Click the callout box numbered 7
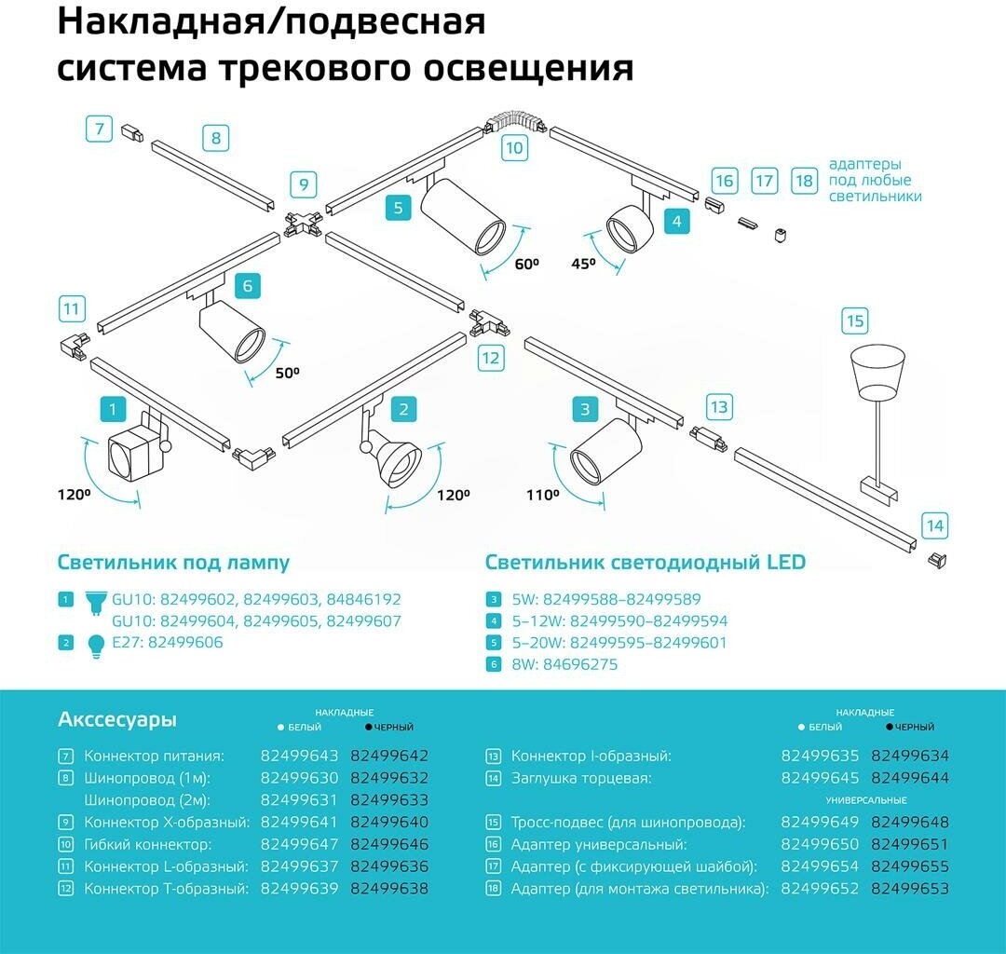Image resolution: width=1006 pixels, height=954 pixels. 99,128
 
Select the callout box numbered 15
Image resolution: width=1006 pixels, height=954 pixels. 854,321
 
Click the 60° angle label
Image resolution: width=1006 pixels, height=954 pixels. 526,264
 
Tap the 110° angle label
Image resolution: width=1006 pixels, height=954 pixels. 542,496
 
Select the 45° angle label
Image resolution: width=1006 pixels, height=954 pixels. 583,264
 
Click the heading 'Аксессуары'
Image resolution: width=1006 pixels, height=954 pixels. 117,719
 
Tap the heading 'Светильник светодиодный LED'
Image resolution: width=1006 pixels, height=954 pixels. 645,562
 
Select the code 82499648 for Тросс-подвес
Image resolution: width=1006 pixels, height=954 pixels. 909,822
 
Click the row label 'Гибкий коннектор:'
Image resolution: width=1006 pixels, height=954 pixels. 148,845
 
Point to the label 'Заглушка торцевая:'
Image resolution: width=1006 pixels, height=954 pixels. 581,778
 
